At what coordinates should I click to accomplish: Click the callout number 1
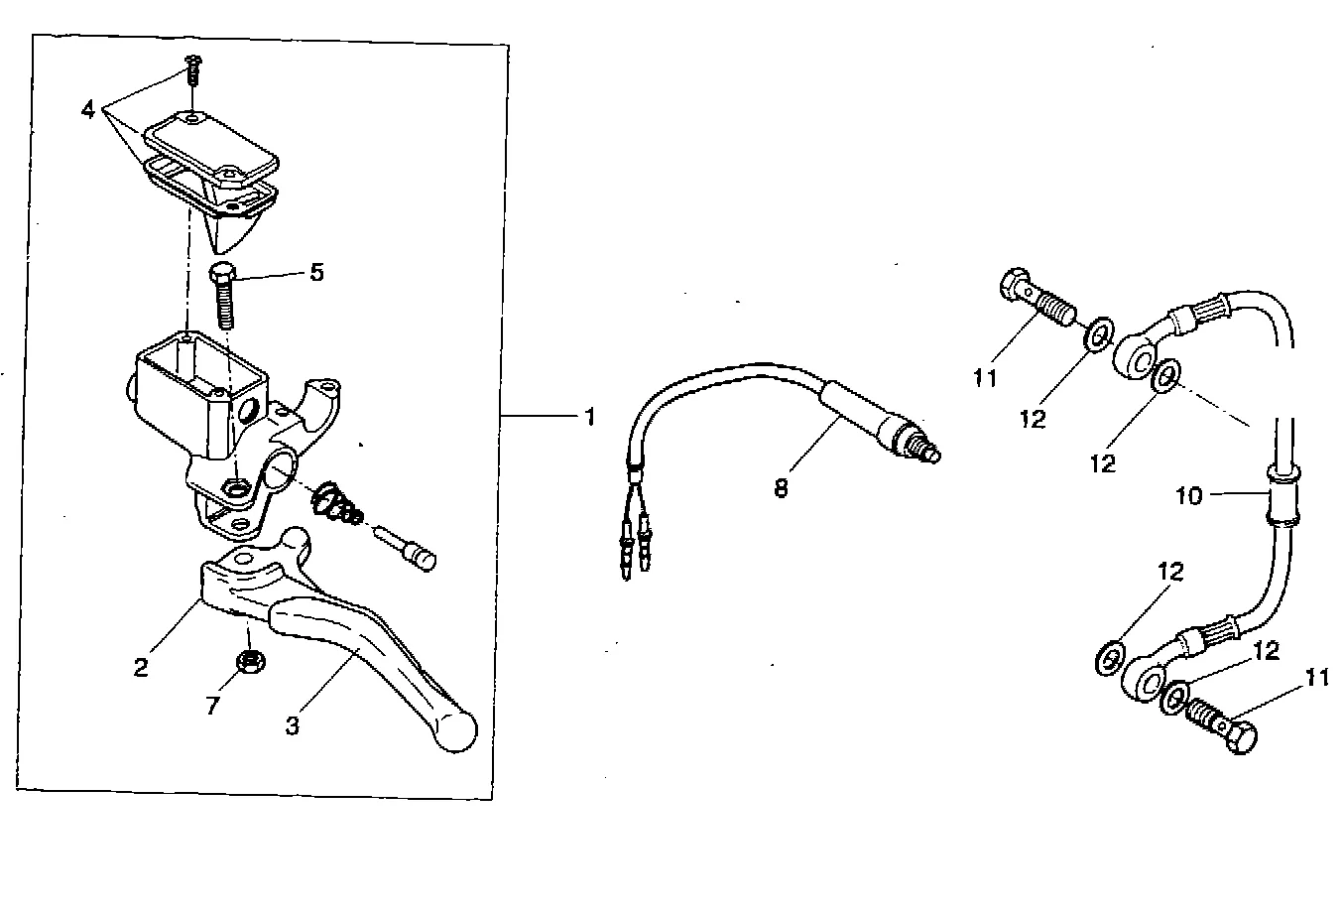tap(589, 418)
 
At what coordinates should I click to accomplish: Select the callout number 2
tap(141, 668)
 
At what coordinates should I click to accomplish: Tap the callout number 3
tap(292, 726)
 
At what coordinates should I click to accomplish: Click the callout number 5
tap(316, 273)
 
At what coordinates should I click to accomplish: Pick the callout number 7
tap(212, 707)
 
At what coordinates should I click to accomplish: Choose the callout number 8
tap(782, 488)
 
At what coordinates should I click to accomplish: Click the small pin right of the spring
tap(410, 550)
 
